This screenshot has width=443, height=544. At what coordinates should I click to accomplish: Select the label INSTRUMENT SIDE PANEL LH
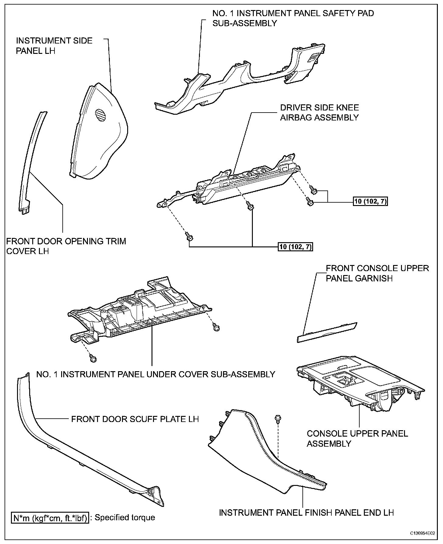pyautogui.click(x=54, y=46)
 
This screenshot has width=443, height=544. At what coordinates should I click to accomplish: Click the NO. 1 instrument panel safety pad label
pyautogui.click(x=293, y=18)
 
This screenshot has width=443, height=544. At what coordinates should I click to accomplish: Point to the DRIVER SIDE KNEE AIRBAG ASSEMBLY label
pyautogui.click(x=319, y=113)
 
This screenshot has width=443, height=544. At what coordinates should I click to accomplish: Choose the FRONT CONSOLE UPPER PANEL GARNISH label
pyautogui.click(x=377, y=273)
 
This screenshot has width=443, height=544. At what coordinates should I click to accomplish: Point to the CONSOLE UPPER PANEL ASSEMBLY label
pyautogui.click(x=357, y=438)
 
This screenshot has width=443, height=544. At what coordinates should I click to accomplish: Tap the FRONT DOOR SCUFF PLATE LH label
pyautogui.click(x=135, y=419)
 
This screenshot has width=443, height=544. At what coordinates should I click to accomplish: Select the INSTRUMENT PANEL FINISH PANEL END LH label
pyautogui.click(x=306, y=513)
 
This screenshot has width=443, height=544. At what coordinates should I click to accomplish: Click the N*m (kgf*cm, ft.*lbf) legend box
pyautogui.click(x=51, y=518)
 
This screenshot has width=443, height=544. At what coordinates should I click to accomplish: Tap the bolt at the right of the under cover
pyautogui.click(x=216, y=328)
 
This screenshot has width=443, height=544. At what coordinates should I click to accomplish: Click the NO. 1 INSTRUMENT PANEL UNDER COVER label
pyautogui.click(x=155, y=374)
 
